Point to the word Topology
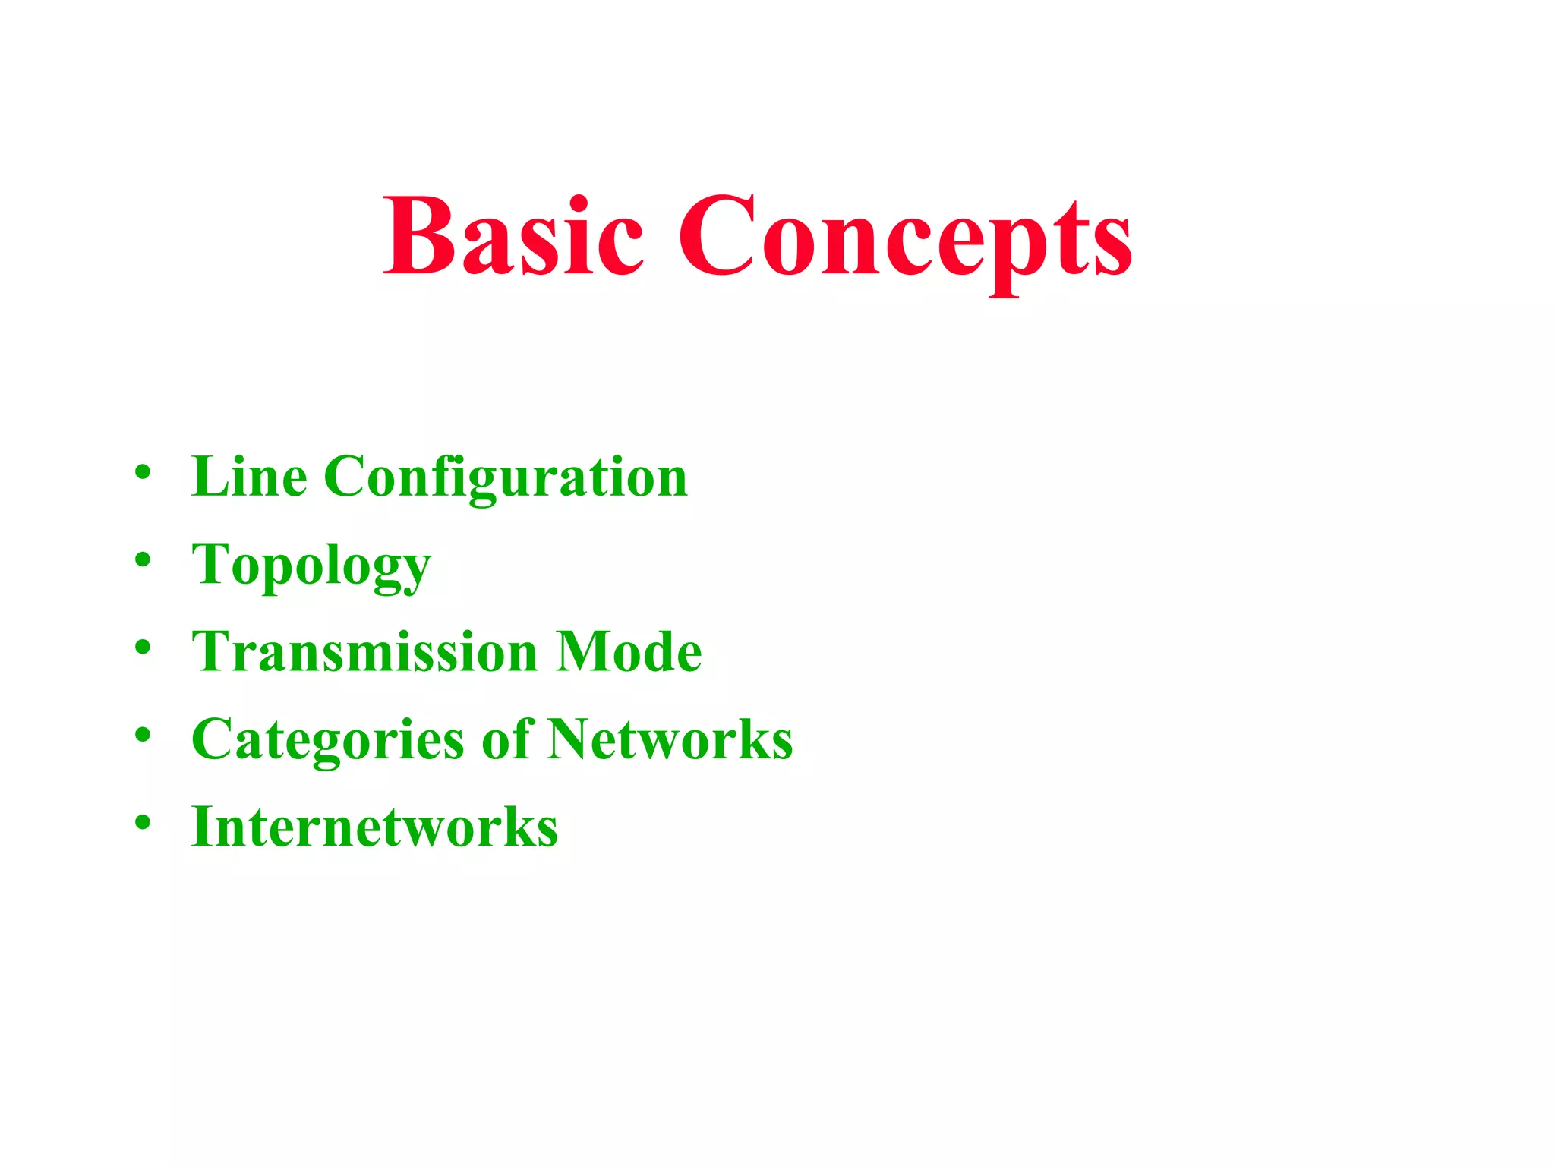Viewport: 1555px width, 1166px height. click(311, 566)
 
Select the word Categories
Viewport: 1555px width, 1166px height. click(327, 740)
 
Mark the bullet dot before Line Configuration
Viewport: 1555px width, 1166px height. click(143, 472)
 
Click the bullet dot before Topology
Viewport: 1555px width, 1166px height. click(143, 560)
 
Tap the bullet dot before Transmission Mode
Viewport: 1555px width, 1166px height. click(143, 648)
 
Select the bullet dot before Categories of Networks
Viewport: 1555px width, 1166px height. click(143, 735)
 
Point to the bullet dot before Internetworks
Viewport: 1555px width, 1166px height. click(143, 822)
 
